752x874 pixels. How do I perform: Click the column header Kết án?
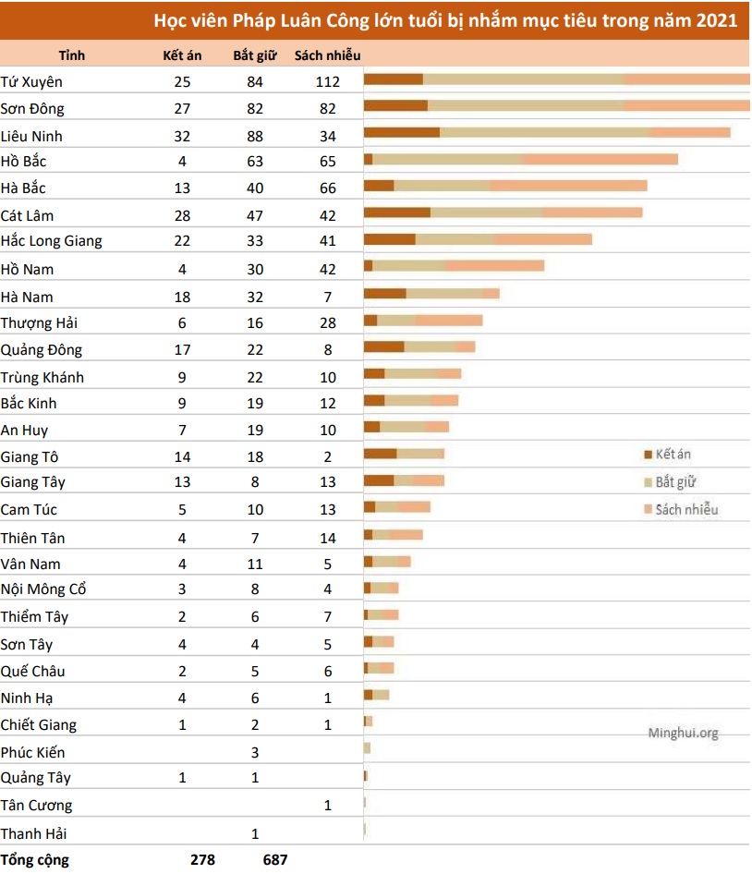(x=182, y=55)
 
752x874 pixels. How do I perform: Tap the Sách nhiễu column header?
(x=327, y=55)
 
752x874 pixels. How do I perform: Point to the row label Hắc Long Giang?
(x=51, y=241)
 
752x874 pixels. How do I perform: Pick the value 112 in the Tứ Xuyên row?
(x=327, y=81)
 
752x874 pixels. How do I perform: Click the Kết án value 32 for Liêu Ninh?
(x=182, y=136)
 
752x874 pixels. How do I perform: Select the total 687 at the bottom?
(x=274, y=859)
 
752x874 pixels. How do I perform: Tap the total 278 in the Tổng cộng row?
(x=202, y=859)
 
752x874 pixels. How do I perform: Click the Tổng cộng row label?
(x=34, y=859)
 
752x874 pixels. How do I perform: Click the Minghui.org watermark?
(x=683, y=733)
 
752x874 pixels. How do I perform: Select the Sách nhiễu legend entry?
(x=685, y=509)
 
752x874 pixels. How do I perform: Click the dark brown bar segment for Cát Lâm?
(x=397, y=212)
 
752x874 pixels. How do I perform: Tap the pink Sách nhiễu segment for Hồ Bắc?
(x=600, y=159)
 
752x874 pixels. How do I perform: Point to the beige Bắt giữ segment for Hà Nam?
(x=444, y=294)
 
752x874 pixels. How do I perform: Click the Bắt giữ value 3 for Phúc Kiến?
(x=255, y=752)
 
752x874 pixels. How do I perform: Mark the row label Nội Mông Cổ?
(x=43, y=589)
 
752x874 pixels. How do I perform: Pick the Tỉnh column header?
(x=72, y=55)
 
